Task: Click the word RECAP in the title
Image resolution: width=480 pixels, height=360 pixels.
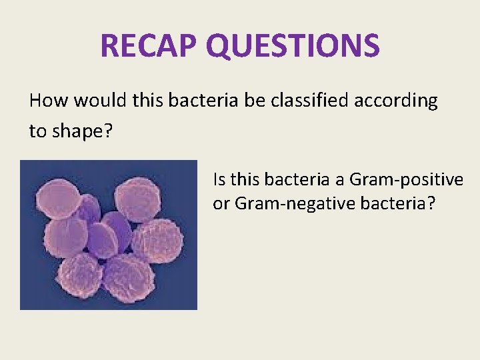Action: (149, 46)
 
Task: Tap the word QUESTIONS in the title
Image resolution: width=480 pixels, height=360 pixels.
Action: (293, 46)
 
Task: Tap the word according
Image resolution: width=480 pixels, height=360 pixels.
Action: (403, 101)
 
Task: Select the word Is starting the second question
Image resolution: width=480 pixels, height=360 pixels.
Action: (219, 179)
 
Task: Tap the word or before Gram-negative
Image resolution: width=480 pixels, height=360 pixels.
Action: (222, 203)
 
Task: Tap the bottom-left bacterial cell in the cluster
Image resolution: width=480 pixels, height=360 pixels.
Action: (80, 273)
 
